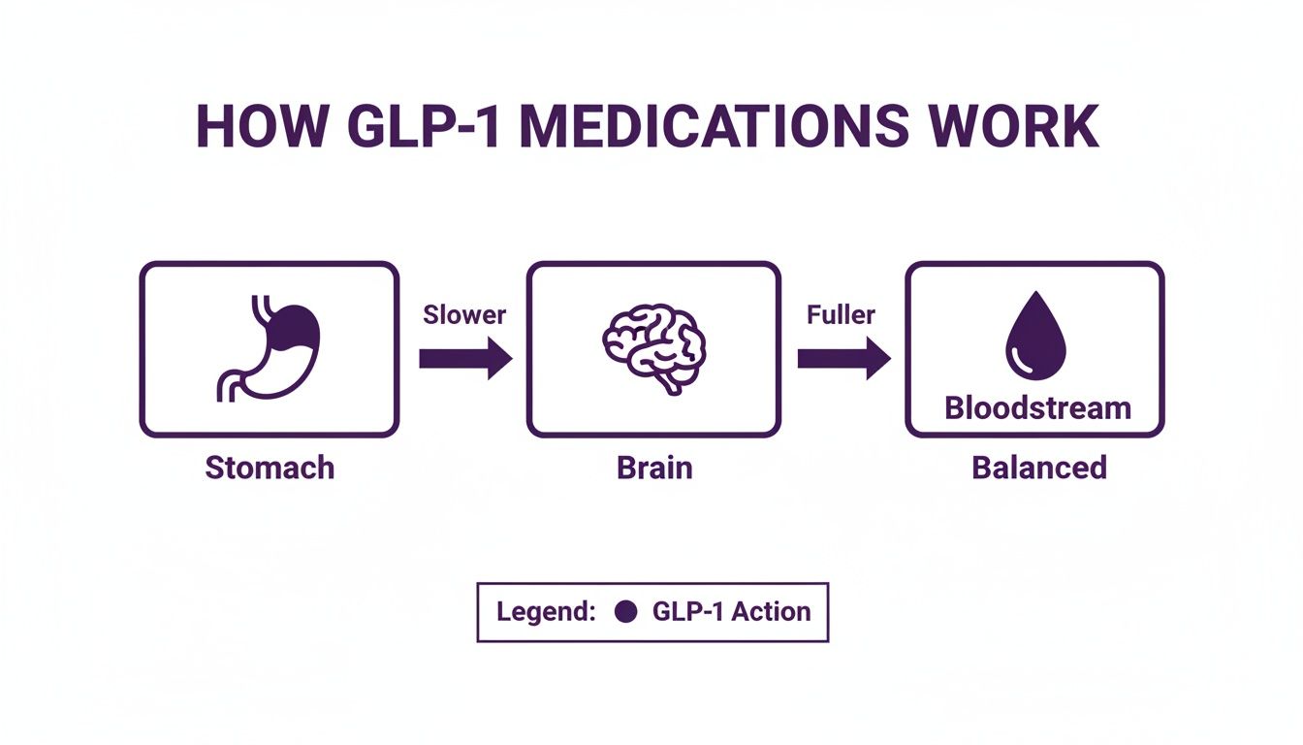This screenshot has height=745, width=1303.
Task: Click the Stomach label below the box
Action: click(270, 468)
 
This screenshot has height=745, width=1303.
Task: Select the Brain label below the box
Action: click(654, 468)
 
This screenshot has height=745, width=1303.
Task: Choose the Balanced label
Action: click(1038, 468)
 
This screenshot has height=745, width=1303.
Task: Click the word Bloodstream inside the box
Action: click(1037, 407)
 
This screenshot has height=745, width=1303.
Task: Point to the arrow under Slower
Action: click(464, 359)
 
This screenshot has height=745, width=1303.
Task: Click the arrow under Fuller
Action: click(842, 359)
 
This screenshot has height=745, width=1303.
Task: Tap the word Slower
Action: click(463, 314)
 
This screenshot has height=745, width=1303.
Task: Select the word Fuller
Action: click(840, 314)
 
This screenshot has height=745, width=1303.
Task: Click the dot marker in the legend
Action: click(626, 612)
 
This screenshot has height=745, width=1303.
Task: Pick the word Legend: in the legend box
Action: click(545, 612)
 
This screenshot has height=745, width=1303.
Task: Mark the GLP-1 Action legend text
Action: click(731, 612)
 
